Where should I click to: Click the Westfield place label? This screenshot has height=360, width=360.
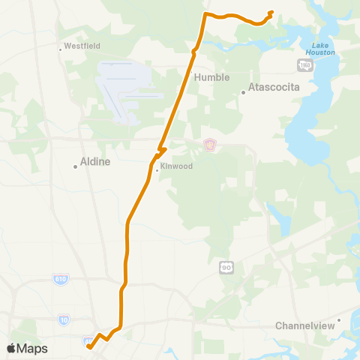[x=82, y=46]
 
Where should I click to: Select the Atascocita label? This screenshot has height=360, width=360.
[x=274, y=87]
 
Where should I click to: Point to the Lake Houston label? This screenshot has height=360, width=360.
[x=320, y=49]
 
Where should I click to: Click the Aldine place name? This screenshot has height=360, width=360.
[x=95, y=161]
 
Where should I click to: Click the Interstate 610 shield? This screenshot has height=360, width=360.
[x=61, y=279]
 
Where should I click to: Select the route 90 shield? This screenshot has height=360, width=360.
[x=226, y=266]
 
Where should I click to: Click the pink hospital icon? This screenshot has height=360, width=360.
[x=210, y=143]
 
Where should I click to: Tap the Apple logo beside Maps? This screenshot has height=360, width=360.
[x=10, y=348]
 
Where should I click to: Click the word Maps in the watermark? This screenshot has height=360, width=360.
[x=32, y=348]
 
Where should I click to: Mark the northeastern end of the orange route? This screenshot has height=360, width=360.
[x=271, y=12]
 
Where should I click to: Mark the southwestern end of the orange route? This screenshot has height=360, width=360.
[x=88, y=346]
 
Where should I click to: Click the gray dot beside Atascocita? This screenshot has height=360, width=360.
[x=244, y=93]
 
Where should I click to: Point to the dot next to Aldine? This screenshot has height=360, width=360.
[x=76, y=166]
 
